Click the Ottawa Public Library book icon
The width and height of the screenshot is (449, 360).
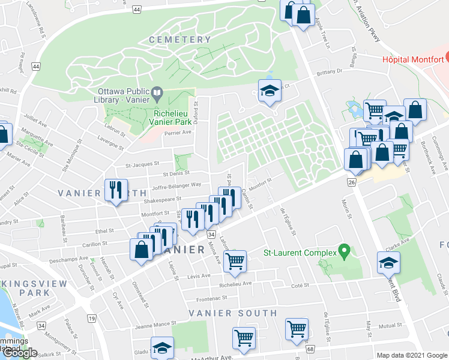click(x=157, y=92)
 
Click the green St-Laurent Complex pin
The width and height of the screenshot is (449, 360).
click(x=343, y=250)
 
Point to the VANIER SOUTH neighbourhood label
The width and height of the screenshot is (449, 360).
click(x=233, y=313)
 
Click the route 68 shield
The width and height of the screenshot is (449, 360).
click(x=310, y=349)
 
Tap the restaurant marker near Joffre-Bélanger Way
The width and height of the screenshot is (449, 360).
click(x=113, y=190)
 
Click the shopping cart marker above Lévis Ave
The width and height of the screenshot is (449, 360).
click(x=235, y=260)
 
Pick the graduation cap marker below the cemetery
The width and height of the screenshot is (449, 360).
click(x=270, y=91)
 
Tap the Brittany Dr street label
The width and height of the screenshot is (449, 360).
click(x=330, y=71)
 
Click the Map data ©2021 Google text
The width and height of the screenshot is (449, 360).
click(x=411, y=355)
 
